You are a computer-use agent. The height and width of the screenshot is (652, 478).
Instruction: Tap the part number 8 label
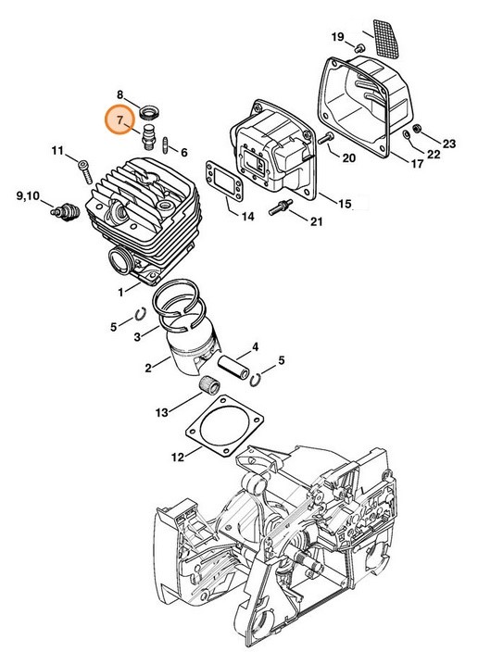point(120,94)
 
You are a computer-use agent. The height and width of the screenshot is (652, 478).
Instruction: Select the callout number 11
point(57,151)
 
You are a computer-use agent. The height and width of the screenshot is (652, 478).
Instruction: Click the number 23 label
point(449,143)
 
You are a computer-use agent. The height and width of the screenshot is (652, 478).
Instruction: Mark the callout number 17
point(417,164)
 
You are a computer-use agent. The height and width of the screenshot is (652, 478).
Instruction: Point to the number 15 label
point(343,203)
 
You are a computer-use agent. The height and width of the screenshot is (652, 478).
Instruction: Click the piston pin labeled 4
point(237,362)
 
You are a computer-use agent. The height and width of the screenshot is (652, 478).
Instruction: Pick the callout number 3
point(136,336)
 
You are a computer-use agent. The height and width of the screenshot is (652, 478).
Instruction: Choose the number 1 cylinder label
point(122,293)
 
